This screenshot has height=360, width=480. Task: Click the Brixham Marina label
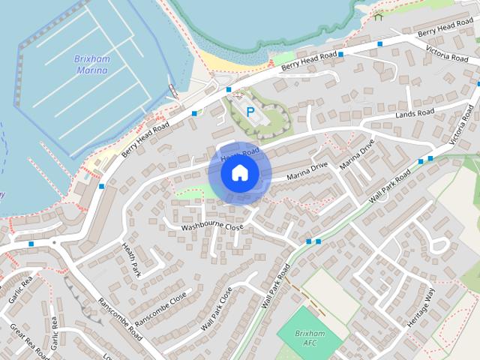point(91,64)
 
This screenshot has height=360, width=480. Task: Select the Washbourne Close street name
point(213,226)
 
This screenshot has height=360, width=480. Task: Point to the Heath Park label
point(131,259)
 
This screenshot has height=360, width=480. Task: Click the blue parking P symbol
point(250,111)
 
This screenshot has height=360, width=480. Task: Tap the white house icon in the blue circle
point(239,173)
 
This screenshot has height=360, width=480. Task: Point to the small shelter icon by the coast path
point(378,16)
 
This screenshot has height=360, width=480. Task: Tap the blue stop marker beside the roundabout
point(31,244)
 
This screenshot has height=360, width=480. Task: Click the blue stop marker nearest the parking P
point(228,90)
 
